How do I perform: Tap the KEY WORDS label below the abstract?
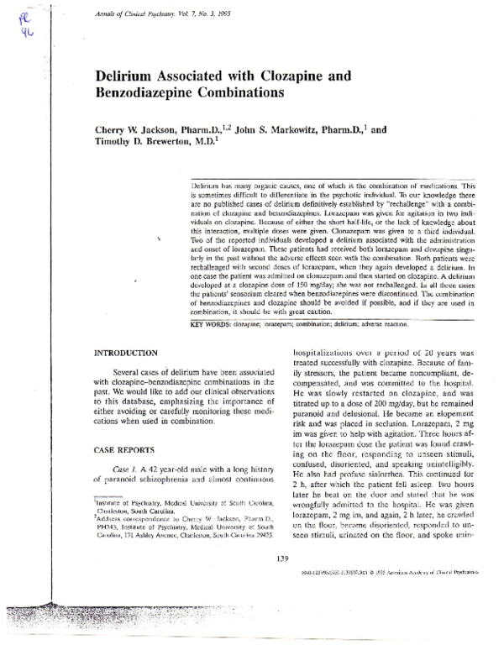pyautogui.click(x=213, y=324)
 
